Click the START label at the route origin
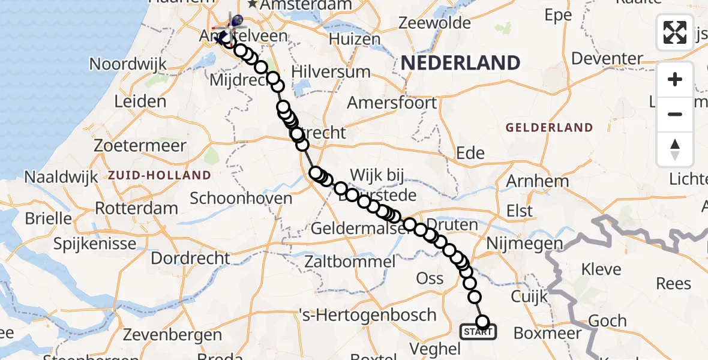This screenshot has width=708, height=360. (x=478, y=332)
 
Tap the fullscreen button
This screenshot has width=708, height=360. (x=675, y=32)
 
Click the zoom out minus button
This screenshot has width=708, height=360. (x=675, y=114)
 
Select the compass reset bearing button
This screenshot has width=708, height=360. (x=675, y=149)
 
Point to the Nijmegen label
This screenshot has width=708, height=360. (x=524, y=244)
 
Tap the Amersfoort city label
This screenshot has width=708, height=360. (x=392, y=103)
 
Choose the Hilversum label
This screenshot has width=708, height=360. (x=331, y=72)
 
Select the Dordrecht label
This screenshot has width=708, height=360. (x=190, y=259)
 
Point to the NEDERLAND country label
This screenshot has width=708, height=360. (x=460, y=63)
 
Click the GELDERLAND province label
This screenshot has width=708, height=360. (x=549, y=128)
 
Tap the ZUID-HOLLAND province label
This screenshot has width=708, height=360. (x=160, y=176)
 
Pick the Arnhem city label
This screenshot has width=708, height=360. (x=537, y=181)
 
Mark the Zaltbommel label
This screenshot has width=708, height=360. (x=350, y=262)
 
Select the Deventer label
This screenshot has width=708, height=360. (x=607, y=59)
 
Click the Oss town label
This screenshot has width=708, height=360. (x=430, y=278)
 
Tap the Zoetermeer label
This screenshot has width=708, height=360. (x=140, y=146)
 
